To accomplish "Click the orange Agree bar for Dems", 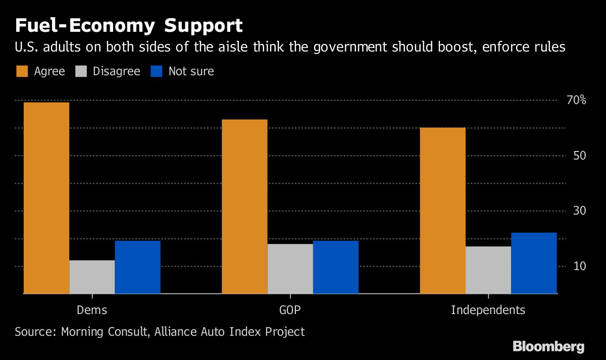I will pos(46,198).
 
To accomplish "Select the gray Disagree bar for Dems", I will pos(92,277).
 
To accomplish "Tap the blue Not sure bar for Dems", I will pos(137,267).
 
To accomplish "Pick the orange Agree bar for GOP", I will pos(244,207).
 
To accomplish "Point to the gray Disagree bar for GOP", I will pos(290,269).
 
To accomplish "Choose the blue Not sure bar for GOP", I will pos(335,267).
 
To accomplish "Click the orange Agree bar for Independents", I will pos(442,211).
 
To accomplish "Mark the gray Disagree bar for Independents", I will pos(488,270).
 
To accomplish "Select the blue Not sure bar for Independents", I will pos(534,263).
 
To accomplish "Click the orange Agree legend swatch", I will pos(22,71).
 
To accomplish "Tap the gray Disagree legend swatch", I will pos(80,71).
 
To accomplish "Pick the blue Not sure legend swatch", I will pos(156,71).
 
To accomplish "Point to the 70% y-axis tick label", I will pos(576,100).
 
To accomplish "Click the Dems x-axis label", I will pos(92,310).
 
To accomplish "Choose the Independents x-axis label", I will pos(488,310).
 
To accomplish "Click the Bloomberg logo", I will pos(548,347).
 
